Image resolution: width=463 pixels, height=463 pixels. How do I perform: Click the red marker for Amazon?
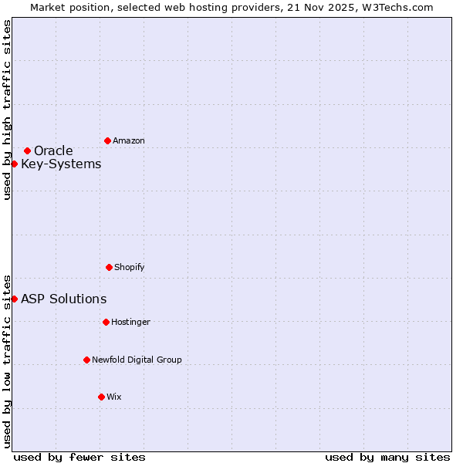click(107, 140)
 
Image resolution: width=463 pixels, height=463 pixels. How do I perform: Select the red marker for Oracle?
click(27, 150)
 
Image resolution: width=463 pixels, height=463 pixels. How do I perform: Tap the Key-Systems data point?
click(14, 164)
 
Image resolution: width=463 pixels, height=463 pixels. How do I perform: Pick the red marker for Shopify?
click(109, 267)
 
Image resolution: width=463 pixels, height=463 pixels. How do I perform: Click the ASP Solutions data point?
click(14, 299)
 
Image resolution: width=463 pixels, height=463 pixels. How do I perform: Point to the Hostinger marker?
click(106, 322)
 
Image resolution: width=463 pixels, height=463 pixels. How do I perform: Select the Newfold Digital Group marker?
click(86, 360)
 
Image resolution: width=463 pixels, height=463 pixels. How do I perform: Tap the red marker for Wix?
click(101, 397)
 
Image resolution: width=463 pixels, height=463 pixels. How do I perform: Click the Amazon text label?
click(129, 140)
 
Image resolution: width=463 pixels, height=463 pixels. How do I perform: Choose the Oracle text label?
click(53, 150)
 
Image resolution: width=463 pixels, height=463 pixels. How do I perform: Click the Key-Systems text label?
click(61, 164)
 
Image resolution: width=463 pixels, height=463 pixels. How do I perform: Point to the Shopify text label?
click(130, 267)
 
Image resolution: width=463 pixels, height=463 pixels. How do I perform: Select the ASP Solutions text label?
click(63, 299)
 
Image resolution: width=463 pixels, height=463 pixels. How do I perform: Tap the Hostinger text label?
click(130, 322)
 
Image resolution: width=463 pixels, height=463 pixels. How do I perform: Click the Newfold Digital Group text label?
click(137, 360)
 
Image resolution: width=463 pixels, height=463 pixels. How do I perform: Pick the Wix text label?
click(114, 397)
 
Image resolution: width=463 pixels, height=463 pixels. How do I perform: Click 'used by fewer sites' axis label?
click(79, 457)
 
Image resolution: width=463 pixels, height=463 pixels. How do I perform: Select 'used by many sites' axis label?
click(387, 457)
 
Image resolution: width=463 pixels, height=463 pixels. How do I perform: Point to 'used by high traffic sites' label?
click(7, 110)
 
